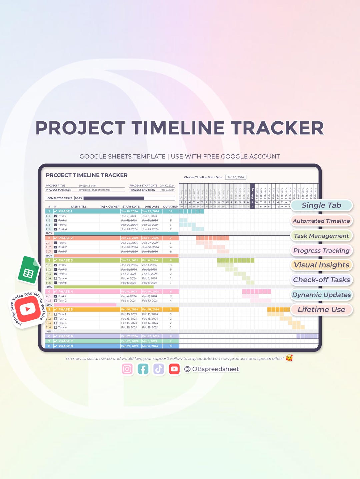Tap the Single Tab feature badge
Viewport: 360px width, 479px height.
click(321, 205)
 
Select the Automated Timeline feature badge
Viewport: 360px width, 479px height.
click(321, 221)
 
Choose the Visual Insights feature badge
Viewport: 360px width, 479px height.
click(321, 265)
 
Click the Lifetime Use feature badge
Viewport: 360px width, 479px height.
click(321, 310)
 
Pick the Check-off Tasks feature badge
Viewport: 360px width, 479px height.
click(321, 280)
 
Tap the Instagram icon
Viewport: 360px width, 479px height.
click(127, 369)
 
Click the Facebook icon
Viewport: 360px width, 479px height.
click(143, 369)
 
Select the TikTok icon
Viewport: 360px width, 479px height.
click(159, 369)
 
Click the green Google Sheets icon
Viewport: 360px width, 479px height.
click(29, 270)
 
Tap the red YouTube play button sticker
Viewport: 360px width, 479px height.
click(28, 309)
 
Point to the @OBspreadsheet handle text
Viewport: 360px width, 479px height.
click(212, 369)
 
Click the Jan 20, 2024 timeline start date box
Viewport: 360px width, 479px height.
click(236, 177)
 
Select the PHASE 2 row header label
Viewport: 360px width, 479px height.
click(65, 238)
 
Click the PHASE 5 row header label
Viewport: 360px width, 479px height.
click(65, 309)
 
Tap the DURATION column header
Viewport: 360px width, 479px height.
click(171, 207)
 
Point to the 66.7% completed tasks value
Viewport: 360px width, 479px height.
click(79, 198)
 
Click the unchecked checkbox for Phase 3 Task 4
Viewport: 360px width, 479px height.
click(56, 278)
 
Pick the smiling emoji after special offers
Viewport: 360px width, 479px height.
click(289, 358)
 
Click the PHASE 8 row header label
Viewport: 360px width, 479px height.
click(65, 346)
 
